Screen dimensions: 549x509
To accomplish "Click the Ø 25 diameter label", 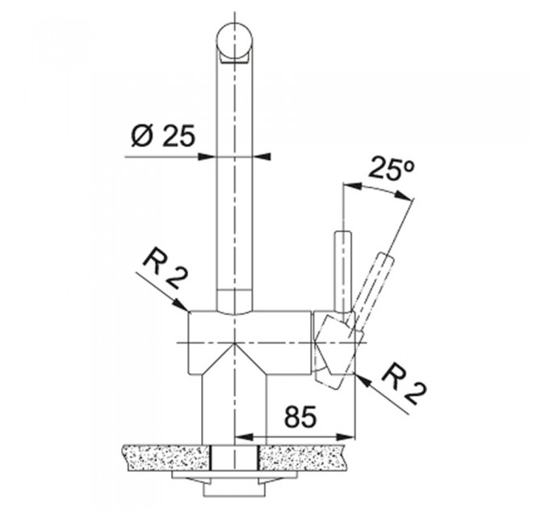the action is (x=162, y=136).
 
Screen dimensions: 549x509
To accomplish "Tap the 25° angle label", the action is (x=392, y=169).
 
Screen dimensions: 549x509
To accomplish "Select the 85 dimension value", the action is (x=300, y=417).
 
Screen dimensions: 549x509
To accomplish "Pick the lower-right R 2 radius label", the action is (x=405, y=385).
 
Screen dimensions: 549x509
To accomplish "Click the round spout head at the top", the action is (x=234, y=42).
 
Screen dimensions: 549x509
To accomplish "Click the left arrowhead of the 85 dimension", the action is (x=244, y=437).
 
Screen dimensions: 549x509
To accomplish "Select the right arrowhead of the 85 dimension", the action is (x=346, y=437).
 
